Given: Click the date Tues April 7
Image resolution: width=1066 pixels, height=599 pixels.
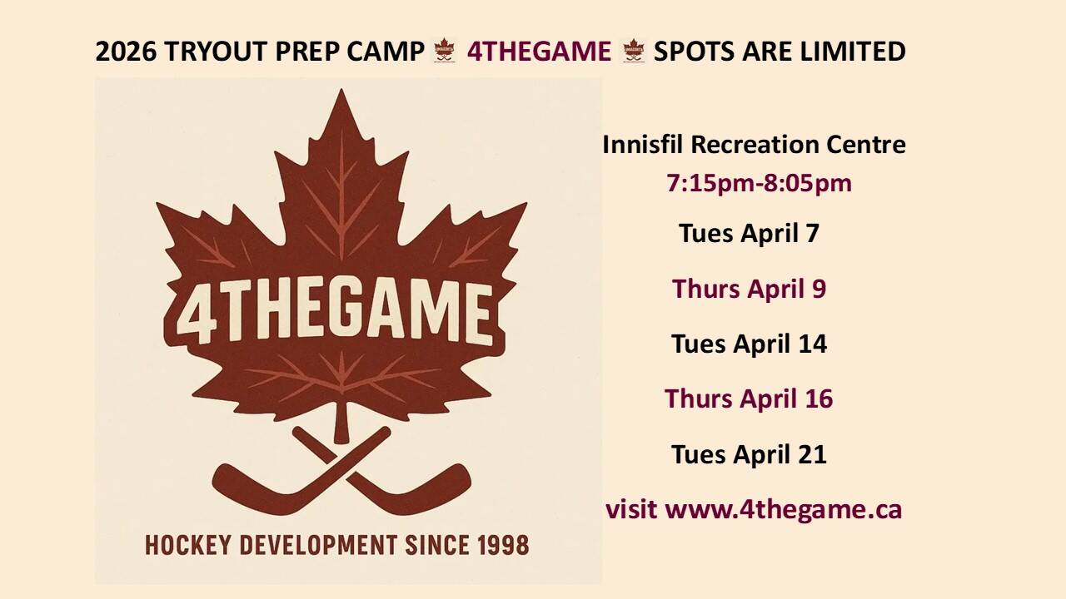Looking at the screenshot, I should pos(749,233).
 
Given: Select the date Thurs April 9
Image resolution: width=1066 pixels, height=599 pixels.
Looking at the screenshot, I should pos(749,289).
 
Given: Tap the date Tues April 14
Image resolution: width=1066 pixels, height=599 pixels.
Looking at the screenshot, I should pos(749,344).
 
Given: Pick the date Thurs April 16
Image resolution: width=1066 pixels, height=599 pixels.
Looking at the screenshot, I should pos(749,399).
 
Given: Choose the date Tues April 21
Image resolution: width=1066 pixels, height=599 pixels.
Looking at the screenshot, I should pos(749,454).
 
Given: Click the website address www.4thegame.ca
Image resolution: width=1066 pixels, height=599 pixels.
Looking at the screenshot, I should pos(784,509).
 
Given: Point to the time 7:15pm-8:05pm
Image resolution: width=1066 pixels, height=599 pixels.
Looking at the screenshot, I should pos(759,183).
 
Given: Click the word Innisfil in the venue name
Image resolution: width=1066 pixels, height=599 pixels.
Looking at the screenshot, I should pos(644,145).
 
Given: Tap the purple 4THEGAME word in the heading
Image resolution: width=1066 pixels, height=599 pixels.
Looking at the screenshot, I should pos(539,52).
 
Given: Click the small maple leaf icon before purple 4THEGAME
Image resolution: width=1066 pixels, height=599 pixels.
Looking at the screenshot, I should pos(443,52).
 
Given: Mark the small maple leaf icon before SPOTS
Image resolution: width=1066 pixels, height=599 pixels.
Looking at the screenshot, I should pos(634,52).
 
